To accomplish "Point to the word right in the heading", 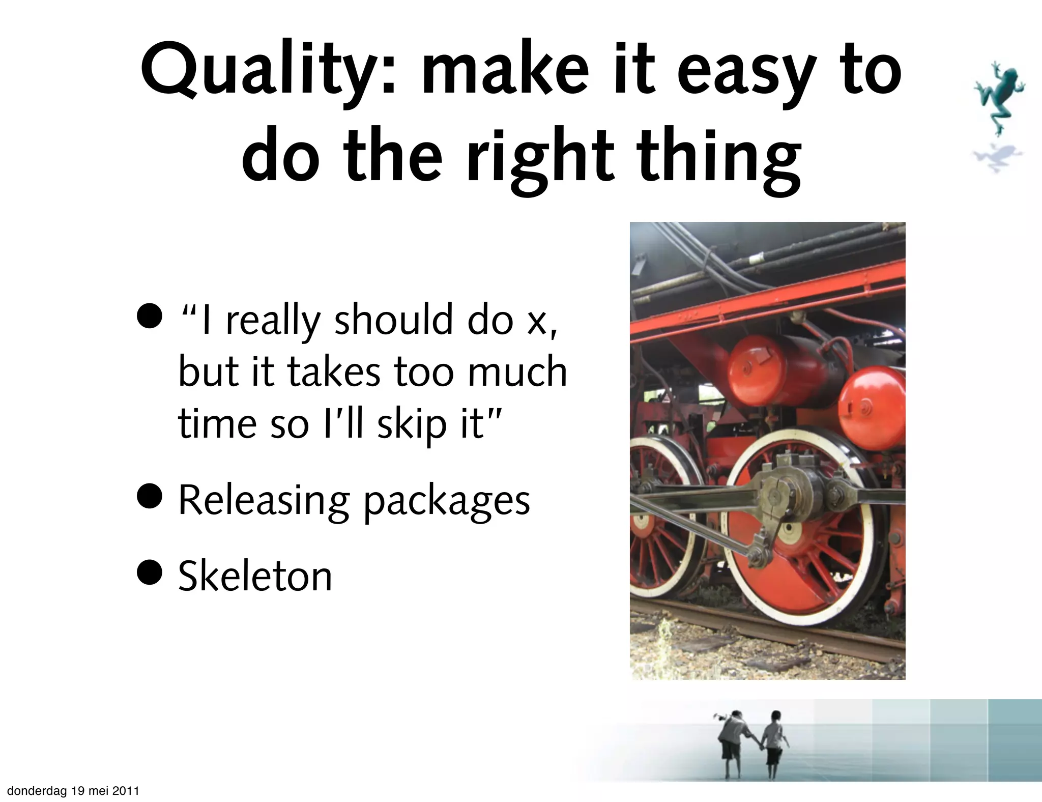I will pos(541,158).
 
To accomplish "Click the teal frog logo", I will pos(999,97).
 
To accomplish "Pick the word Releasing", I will pos(264,501).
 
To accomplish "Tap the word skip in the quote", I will pos(411,424).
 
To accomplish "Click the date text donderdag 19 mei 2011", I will pos(73,790).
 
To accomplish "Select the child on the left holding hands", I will pos(732,740).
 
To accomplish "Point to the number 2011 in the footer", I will pos(126,790).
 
